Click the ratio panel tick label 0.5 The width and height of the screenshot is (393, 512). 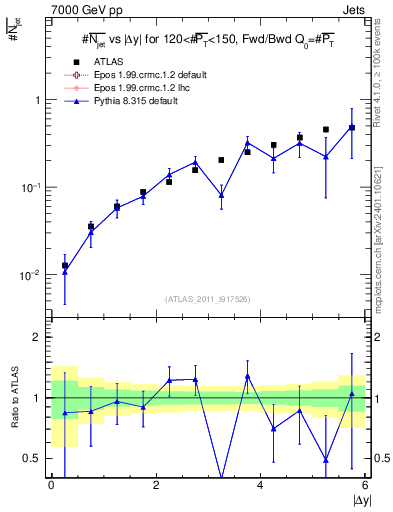tap(32, 458)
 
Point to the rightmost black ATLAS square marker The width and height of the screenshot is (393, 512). tap(352, 128)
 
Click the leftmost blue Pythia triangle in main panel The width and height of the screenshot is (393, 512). tap(65, 270)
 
